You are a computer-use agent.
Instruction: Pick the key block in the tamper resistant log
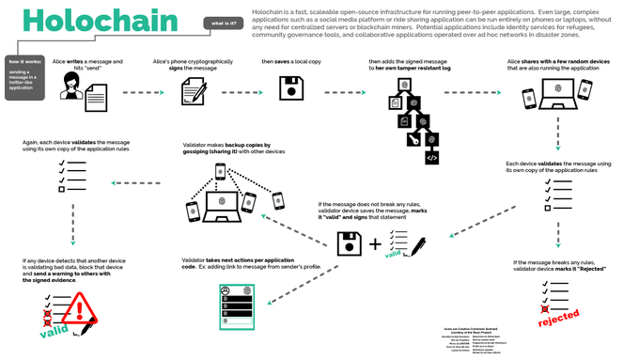[413, 140]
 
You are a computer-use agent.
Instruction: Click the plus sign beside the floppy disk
[372, 245]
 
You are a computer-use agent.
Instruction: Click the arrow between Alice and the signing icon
[125, 92]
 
